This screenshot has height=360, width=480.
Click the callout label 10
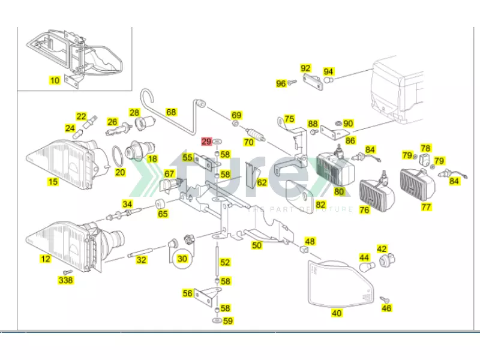click(55, 80)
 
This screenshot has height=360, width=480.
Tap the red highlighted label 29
click(207, 142)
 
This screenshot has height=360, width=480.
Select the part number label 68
click(172, 112)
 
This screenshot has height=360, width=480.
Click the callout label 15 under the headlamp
click(53, 181)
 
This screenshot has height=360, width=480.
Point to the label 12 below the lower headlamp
click(46, 260)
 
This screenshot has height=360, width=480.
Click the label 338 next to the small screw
click(65, 280)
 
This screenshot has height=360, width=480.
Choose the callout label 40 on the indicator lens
click(337, 313)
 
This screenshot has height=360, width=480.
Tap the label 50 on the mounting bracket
click(257, 245)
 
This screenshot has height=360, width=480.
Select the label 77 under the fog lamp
click(427, 208)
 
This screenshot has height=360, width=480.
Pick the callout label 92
click(305, 68)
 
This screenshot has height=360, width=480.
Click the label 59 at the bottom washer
click(227, 321)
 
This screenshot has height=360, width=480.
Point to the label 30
click(182, 259)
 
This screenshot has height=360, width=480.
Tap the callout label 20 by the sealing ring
click(120, 172)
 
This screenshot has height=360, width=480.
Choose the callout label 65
click(163, 213)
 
